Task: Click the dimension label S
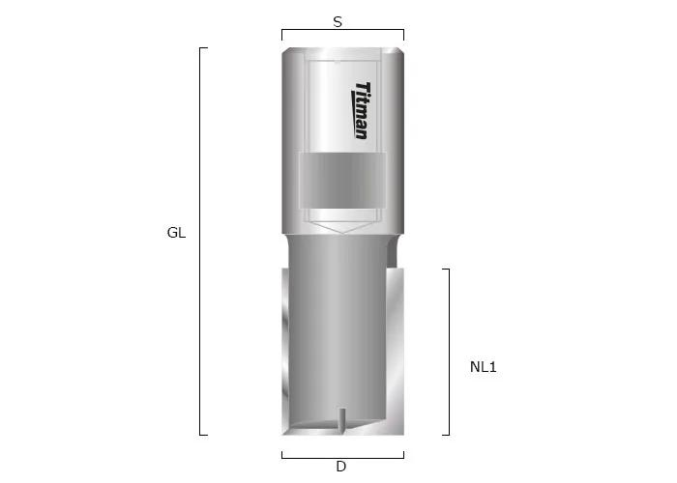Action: click(x=338, y=20)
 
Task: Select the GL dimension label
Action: click(x=176, y=233)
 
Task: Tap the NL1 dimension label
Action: click(x=483, y=367)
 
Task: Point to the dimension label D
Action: click(x=340, y=467)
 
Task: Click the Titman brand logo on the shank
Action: click(x=360, y=110)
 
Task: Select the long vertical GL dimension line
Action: click(x=200, y=241)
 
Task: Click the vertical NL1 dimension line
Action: click(x=449, y=352)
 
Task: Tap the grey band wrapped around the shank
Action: click(x=342, y=180)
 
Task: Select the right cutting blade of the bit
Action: click(x=396, y=348)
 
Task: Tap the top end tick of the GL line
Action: click(x=204, y=47)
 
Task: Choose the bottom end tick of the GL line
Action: click(x=204, y=435)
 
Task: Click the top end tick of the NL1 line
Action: click(x=446, y=269)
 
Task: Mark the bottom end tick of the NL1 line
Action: click(x=446, y=435)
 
